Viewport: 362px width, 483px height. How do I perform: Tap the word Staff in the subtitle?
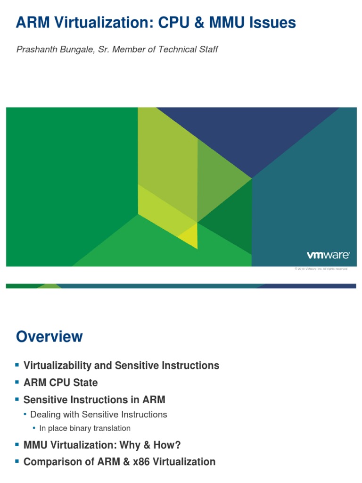[207, 50]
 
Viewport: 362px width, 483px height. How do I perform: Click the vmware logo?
[328, 255]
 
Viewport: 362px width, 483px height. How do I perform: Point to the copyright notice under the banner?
[321, 269]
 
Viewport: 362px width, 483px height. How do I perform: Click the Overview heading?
[49, 337]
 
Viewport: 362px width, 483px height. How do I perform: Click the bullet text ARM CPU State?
[60, 383]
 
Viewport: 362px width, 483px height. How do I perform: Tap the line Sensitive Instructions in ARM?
[94, 400]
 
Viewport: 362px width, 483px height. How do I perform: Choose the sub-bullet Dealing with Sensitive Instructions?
[99, 415]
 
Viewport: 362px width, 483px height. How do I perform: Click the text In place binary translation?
[85, 428]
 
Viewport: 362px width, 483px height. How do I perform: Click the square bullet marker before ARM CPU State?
[17, 382]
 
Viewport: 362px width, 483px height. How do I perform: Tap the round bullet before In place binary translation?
[34, 428]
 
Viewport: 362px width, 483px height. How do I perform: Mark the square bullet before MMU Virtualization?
[17, 444]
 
